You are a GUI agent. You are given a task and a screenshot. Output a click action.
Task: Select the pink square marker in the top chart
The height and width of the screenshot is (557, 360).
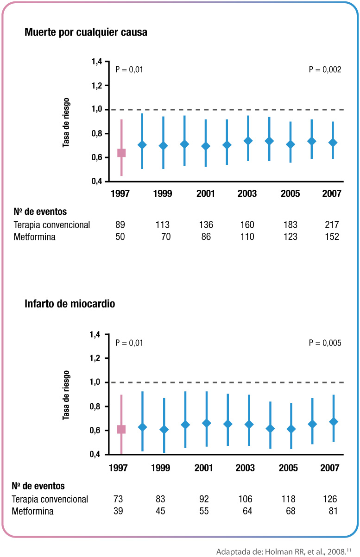pos(121,153)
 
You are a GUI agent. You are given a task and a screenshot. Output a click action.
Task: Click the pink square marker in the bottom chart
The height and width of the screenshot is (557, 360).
pos(121,429)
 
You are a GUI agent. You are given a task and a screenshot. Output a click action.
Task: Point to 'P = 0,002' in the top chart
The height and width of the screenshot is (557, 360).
pos(325,70)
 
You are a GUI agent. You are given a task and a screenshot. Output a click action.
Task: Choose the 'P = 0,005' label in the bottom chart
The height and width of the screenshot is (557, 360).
pos(325,343)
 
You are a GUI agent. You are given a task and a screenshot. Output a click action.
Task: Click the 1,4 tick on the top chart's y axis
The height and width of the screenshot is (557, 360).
pos(96,62)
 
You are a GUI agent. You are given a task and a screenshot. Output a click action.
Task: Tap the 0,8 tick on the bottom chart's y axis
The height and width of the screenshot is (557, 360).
pos(96,407)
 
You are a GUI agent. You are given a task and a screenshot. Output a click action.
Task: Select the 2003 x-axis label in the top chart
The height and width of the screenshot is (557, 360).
pos(246,194)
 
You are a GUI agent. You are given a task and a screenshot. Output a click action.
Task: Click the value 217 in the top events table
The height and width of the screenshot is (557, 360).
pos(332,225)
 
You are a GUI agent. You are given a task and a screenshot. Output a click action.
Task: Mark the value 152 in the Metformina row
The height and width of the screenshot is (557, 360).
pos(332,237)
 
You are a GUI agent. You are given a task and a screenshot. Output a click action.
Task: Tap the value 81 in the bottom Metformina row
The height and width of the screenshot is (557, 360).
pos(330,512)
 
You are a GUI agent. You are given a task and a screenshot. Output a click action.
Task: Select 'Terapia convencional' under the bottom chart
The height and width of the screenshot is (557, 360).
pos(50,500)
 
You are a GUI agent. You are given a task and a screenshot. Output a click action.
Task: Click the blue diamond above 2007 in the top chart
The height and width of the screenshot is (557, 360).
pos(332,143)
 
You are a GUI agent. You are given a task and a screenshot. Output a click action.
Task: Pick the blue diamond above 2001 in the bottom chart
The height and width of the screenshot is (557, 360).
pos(207,423)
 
